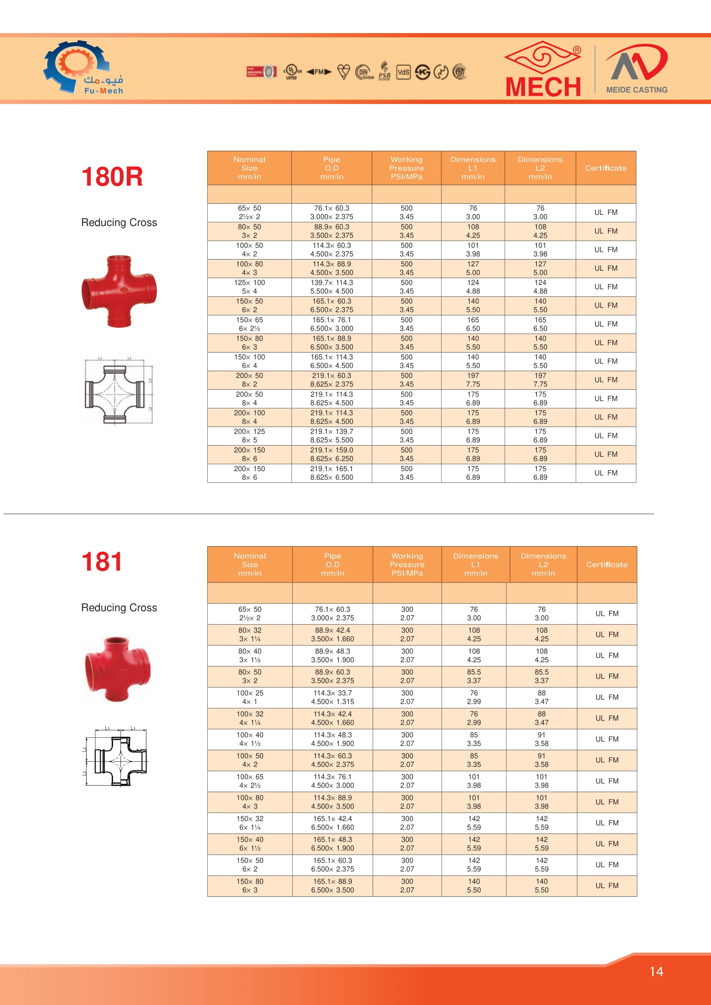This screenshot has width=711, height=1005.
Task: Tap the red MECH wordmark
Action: point(543,87)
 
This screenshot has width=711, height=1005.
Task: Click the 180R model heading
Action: point(112,177)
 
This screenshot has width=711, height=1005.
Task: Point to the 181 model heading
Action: point(101,562)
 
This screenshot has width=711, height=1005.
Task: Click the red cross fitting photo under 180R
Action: point(119,291)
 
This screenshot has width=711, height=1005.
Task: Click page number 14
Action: point(656,972)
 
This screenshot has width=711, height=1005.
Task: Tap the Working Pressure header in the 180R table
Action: point(406,168)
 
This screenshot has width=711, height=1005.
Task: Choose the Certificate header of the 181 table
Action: point(607,565)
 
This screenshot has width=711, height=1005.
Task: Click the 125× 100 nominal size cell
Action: point(249,287)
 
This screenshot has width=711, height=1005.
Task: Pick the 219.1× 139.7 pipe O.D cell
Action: point(331,436)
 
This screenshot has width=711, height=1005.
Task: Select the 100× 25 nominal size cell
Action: point(250,697)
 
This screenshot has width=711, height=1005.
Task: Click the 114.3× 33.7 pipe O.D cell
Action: point(332,697)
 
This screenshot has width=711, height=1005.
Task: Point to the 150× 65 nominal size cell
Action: point(249,324)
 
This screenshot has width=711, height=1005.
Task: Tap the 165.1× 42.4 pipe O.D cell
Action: point(332,823)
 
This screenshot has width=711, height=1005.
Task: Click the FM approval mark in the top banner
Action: point(319,72)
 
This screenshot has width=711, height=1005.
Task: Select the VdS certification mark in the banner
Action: point(403,72)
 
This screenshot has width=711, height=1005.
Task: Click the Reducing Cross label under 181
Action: point(119,608)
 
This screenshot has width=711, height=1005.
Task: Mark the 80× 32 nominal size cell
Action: point(250,635)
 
